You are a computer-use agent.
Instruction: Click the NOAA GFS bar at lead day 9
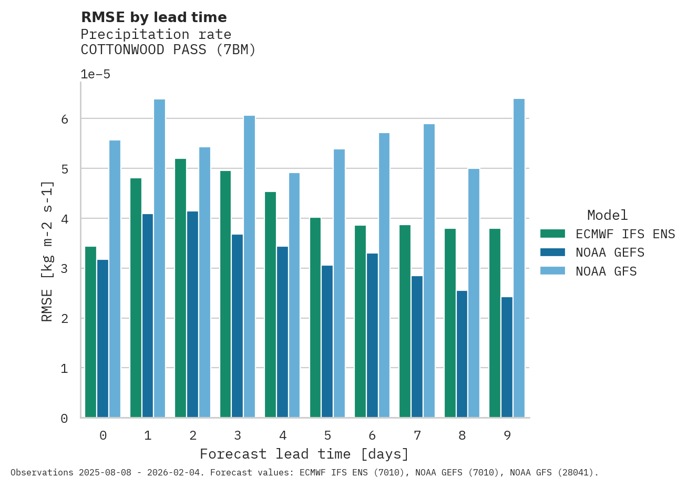click(519, 258)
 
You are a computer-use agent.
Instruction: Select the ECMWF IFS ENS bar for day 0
click(90, 332)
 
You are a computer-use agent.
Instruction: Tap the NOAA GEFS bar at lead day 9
click(507, 357)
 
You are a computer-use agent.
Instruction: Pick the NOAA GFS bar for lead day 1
click(159, 258)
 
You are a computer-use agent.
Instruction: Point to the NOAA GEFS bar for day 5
click(327, 341)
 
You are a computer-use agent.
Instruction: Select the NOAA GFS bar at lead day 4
click(294, 295)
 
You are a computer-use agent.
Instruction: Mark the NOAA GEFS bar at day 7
click(417, 347)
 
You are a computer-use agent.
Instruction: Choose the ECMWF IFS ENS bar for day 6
click(360, 321)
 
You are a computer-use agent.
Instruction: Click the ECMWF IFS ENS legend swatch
click(552, 234)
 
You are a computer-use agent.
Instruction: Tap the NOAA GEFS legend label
click(610, 252)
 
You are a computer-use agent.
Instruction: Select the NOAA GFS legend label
click(606, 271)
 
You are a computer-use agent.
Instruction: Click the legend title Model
click(607, 215)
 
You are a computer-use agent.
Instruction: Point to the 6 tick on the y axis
click(65, 119)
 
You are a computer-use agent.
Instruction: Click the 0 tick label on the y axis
click(65, 419)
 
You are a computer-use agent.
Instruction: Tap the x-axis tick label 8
click(462, 435)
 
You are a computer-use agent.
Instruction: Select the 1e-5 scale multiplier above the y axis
click(95, 74)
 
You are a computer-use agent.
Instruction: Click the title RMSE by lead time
click(153, 17)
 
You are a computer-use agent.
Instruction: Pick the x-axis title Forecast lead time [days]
click(304, 454)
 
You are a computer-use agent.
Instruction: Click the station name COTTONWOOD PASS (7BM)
click(168, 50)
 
